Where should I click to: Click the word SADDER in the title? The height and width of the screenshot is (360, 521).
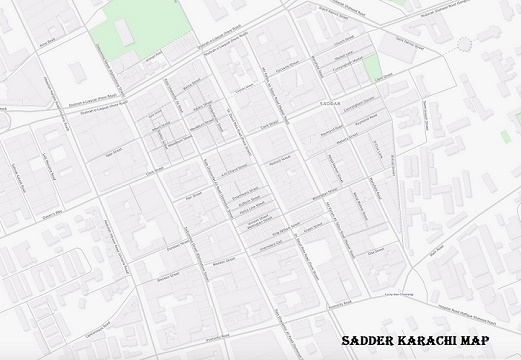coord(369,341)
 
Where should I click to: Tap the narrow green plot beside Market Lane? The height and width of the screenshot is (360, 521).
coord(372,68)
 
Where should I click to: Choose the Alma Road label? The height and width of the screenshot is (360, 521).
coord(47,42)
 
